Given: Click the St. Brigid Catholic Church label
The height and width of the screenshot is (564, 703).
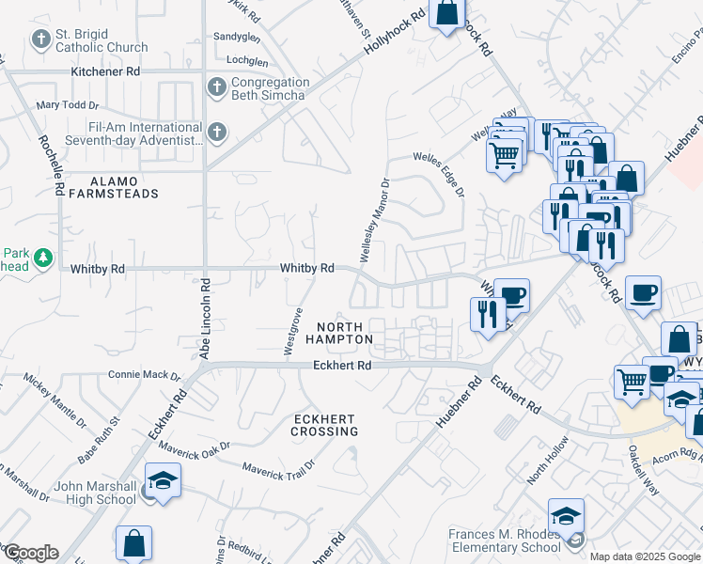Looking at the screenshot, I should point(102,40).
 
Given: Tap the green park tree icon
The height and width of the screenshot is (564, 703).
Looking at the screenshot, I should point(40,257).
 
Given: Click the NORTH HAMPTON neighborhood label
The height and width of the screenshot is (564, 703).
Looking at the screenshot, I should point(339,333).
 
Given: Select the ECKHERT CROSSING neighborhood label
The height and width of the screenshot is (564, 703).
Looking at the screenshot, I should point(324,425).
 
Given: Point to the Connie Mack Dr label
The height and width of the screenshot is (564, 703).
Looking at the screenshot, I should point(144,375).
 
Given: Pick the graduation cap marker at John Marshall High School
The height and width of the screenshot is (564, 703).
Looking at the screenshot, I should point(163,479).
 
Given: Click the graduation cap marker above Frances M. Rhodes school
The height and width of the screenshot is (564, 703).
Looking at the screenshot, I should point(566,515).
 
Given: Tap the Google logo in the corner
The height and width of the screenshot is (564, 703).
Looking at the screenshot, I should point(30,553).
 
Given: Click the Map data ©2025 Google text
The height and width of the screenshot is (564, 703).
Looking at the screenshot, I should point(646,556).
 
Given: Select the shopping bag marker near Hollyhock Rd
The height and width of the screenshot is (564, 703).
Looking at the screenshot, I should point(447,14).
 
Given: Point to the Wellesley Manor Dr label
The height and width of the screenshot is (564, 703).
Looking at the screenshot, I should point(372,220).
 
